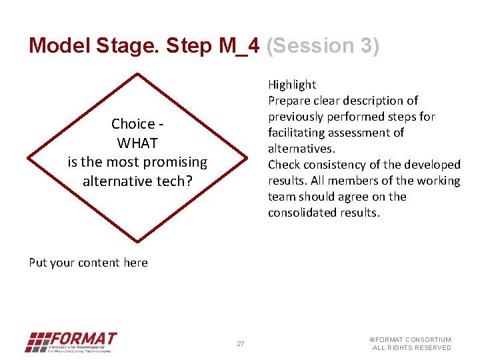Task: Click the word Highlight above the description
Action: tap(292, 85)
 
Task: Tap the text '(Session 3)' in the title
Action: tap(323, 45)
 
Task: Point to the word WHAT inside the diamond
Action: tap(137, 143)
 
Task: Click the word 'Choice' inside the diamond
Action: tap(133, 124)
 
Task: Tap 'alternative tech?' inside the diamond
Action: tap(137, 181)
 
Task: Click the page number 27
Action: tap(241, 344)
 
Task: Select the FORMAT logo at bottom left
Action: tap(71, 342)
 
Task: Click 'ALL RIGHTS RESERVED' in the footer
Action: tap(411, 348)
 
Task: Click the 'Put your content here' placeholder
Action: tap(88, 263)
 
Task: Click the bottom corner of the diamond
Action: tap(137, 241)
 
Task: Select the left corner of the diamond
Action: tap(28, 158)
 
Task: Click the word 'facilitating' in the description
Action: tap(299, 133)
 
